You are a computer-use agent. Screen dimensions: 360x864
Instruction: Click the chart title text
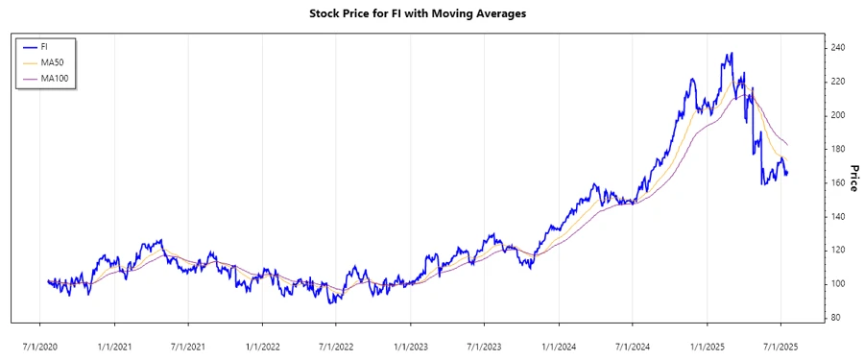pyautogui.click(x=432, y=14)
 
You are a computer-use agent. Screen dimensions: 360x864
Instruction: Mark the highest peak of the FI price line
pyautogui.click(x=732, y=54)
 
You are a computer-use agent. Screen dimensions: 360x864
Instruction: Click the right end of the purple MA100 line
pyautogui.click(x=788, y=144)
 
